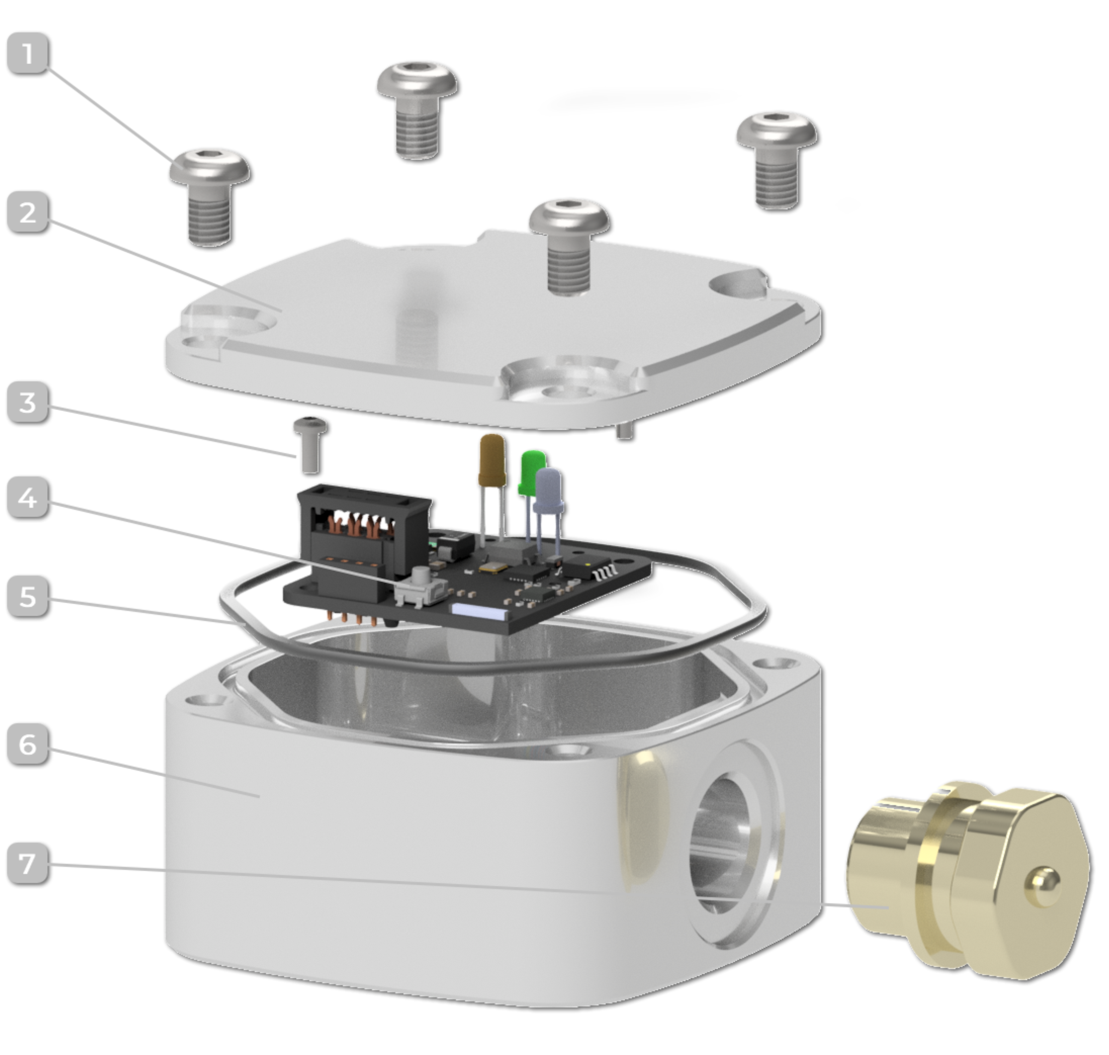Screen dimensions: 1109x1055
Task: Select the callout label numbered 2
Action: (x=27, y=213)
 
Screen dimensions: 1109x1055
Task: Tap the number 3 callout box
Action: (x=27, y=403)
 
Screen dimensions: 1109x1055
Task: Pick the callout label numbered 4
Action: (x=27, y=498)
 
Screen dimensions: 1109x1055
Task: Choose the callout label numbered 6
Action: (x=27, y=744)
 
